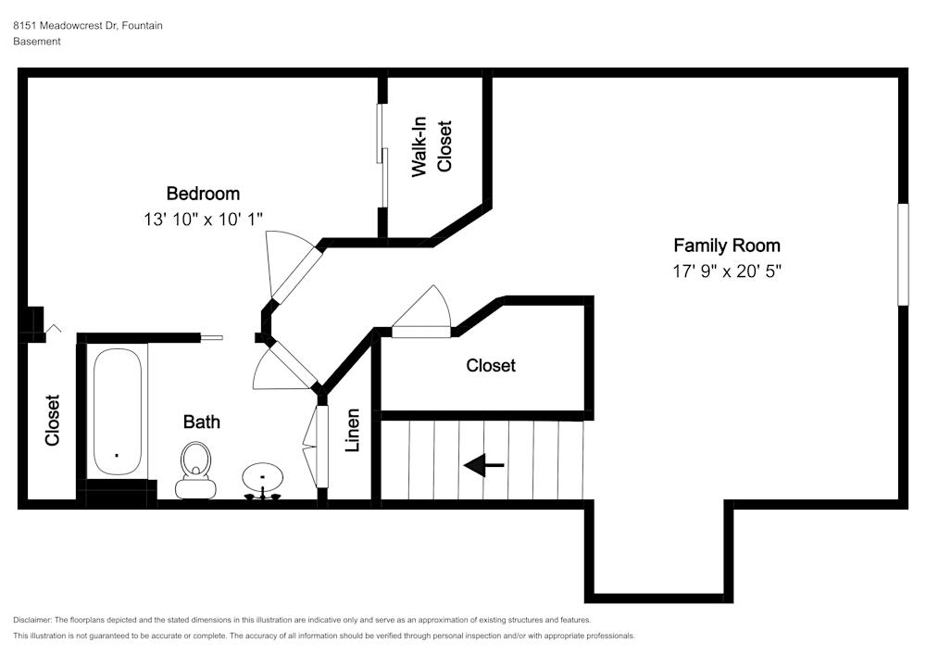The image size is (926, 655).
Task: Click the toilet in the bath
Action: coord(195,468)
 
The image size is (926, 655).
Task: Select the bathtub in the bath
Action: coord(117,411)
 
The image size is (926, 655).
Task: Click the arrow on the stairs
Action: coord(483,465)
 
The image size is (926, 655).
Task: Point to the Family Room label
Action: coord(726,246)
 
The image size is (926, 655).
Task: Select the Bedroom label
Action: coord(203,194)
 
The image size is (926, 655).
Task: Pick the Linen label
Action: coord(352,431)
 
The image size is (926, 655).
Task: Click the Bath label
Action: coord(201,422)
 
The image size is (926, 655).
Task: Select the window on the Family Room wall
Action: coord(902,255)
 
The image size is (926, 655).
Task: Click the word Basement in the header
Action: coord(37,42)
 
